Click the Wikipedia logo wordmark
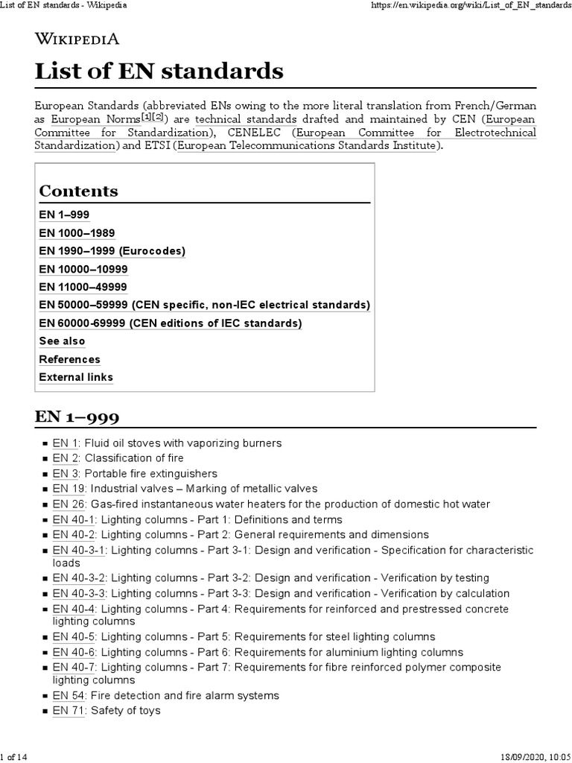tap(77, 39)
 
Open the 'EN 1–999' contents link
tap(64, 215)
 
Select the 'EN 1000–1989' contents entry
tap(77, 233)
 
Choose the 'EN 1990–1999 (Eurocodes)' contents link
tap(112, 251)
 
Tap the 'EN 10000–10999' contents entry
tap(83, 269)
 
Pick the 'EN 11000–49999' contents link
tap(83, 287)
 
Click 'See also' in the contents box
tap(62, 341)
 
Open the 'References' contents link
tap(69, 359)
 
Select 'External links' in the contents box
tap(76, 377)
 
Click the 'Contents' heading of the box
tap(78, 191)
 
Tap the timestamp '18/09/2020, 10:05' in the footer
tap(530, 757)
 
